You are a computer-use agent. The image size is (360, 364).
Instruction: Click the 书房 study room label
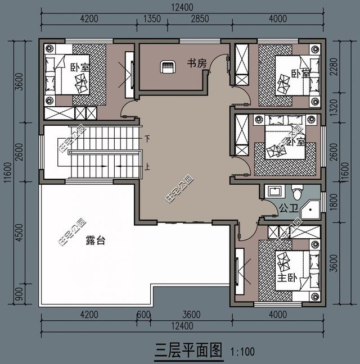197,63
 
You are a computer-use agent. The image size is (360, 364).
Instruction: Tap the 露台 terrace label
95,240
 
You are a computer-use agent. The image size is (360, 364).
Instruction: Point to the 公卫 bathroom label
287,208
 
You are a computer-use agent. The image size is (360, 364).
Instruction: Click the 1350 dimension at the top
152,19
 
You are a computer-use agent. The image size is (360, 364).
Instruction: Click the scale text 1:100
242,352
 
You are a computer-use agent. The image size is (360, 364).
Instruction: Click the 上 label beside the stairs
147,167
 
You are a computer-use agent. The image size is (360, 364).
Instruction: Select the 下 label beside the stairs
147,138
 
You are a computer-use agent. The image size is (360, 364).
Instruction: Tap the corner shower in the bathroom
310,209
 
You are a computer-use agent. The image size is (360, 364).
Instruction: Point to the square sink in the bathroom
274,190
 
